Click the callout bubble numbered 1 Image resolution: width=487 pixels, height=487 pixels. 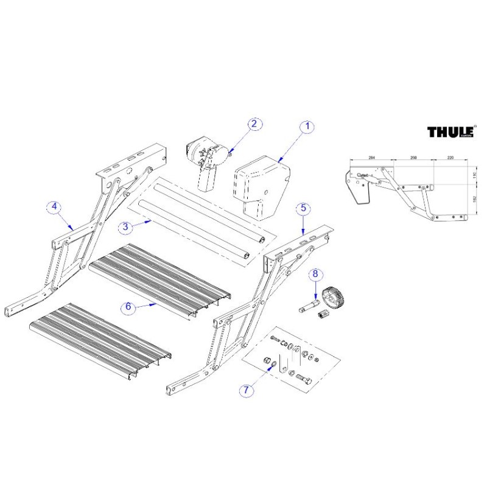pos(307,127)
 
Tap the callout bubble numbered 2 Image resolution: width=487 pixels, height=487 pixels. pos(255,124)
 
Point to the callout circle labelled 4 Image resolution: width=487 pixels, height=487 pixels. pos(55,207)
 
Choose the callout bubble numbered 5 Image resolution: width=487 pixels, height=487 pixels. pos(303,208)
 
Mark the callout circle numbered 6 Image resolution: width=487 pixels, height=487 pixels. pos(128,307)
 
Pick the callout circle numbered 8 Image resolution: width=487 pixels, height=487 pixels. pos(315,275)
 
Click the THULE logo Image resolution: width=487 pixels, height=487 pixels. pos(450,132)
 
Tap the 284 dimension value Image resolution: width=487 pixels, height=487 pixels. pos(372,158)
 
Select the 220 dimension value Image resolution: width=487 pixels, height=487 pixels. pos(450,158)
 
